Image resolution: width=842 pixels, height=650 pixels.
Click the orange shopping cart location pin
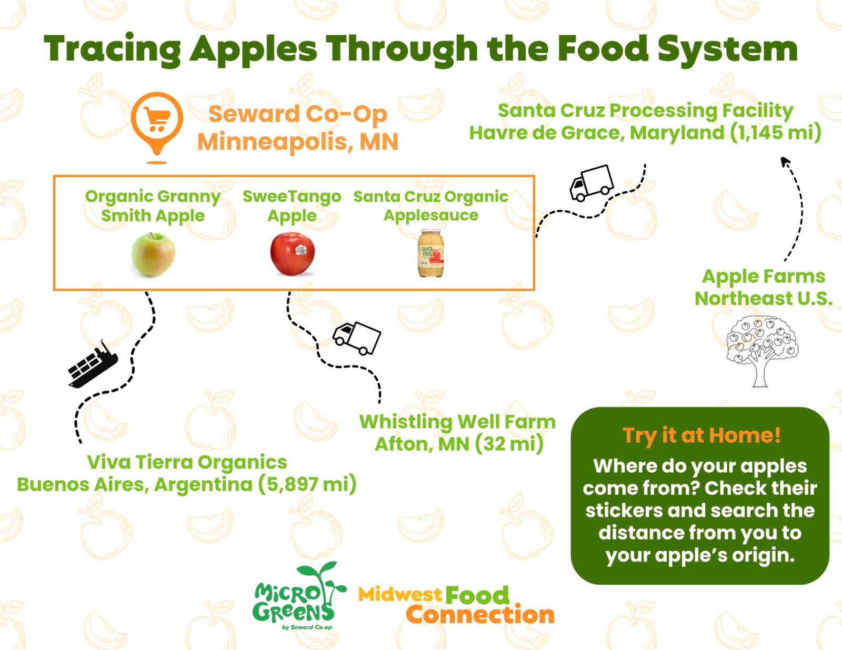pyautogui.click(x=157, y=123)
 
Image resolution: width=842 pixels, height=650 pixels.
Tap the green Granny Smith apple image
pyautogui.click(x=153, y=255)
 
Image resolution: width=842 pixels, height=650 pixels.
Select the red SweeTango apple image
pyautogui.click(x=293, y=254)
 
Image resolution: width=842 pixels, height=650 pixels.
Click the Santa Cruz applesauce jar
pyautogui.click(x=431, y=253)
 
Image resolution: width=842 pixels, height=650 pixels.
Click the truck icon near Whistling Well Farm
pyautogui.click(x=357, y=338)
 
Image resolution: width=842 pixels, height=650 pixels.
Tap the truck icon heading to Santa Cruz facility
pyautogui.click(x=592, y=182)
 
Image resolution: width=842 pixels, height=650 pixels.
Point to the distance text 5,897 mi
pyautogui.click(x=307, y=484)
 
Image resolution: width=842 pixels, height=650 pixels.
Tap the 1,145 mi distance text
pyautogui.click(x=776, y=133)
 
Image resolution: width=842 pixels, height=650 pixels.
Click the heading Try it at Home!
pyautogui.click(x=701, y=435)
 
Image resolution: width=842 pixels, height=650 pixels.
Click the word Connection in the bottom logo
pyautogui.click(x=480, y=615)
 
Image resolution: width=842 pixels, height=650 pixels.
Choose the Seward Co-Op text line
pyautogui.click(x=298, y=114)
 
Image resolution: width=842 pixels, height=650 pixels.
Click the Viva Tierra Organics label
pyautogui.click(x=187, y=462)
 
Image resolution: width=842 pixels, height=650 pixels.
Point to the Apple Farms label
pyautogui.click(x=764, y=276)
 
